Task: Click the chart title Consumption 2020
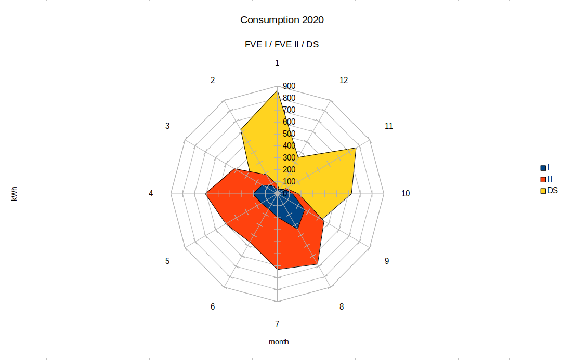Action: [282, 20]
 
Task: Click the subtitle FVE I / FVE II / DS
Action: [282, 44]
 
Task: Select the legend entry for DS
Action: [552, 191]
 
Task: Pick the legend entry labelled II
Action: [550, 179]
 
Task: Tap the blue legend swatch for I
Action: [543, 168]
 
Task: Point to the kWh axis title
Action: [14, 193]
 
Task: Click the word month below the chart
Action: [279, 342]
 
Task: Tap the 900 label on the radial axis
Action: [289, 86]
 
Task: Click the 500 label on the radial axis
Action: [289, 134]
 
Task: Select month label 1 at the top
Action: [277, 63]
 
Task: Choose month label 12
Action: [343, 80]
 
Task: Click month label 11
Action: [389, 126]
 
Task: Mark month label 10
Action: [406, 193]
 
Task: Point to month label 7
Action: [277, 324]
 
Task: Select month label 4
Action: [151, 193]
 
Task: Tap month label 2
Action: [213, 80]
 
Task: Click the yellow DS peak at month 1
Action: [277, 91]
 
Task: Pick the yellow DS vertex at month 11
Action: [356, 148]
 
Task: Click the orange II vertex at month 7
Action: [277, 270]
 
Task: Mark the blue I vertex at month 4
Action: [254, 194]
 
